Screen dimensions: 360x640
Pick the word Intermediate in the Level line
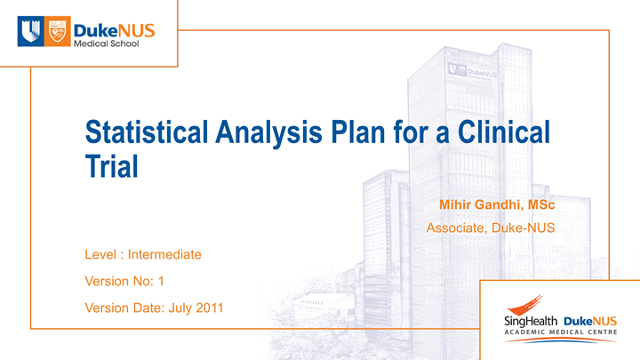pos(165,255)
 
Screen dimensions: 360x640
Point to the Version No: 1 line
pos(124,281)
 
